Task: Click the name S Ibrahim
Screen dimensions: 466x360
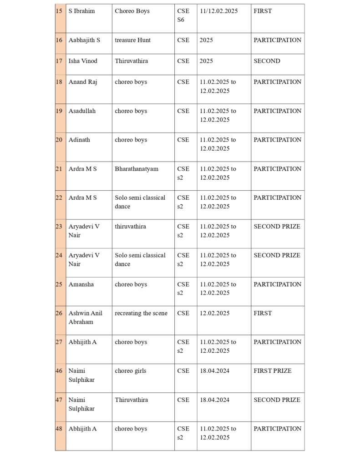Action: coord(82,11)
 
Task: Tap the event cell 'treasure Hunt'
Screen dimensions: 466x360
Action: coord(132,40)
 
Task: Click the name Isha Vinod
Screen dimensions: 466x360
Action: coord(83,61)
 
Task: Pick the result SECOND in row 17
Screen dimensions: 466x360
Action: coord(267,61)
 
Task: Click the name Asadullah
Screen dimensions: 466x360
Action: coord(82,111)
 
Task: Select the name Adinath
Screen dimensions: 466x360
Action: coord(79,140)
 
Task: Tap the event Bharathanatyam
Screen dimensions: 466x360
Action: coord(137,169)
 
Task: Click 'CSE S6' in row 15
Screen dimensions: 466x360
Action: coord(183,15)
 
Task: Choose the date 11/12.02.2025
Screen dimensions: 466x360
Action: coord(218,11)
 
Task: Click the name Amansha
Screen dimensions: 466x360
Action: coord(81,284)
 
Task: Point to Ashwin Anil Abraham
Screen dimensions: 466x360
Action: coord(86,317)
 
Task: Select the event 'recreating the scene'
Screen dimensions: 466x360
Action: coord(141,313)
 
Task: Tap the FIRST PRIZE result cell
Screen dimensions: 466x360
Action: coord(273,371)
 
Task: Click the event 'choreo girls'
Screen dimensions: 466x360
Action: coord(131,371)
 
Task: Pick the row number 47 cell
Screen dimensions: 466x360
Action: coord(59,400)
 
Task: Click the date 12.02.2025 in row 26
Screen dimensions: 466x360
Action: coord(214,313)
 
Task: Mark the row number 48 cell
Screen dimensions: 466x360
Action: coord(59,429)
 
